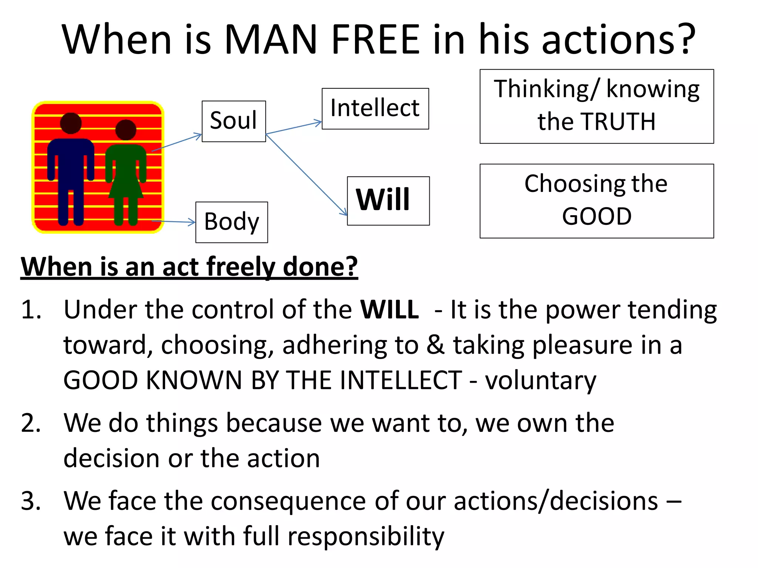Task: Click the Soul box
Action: coord(234,121)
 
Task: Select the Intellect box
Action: coord(375,108)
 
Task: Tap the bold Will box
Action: coord(388,200)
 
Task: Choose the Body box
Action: coord(232,222)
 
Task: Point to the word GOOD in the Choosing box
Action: coord(597,217)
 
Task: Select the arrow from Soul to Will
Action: coord(306,175)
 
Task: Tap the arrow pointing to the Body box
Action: coord(173,222)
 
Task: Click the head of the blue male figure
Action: coord(71,123)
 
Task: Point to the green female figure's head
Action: coord(125,130)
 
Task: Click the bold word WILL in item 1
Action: coord(389,310)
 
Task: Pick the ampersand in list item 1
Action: coord(435,345)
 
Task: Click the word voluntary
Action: coord(540,381)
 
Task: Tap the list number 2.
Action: coord(30,423)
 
